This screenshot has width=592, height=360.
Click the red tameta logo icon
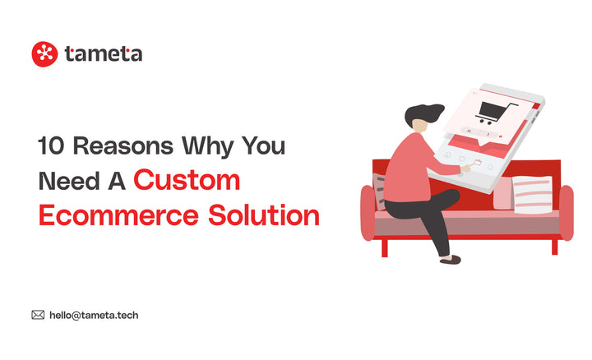(44, 54)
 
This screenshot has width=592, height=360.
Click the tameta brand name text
(104, 54)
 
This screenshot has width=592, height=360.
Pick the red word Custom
(187, 180)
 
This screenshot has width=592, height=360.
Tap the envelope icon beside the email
(38, 314)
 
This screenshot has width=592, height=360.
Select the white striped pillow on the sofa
(533, 195)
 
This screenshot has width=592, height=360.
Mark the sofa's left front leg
(384, 246)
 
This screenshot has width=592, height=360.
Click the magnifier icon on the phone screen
(491, 168)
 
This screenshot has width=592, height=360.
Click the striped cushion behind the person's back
(379, 191)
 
